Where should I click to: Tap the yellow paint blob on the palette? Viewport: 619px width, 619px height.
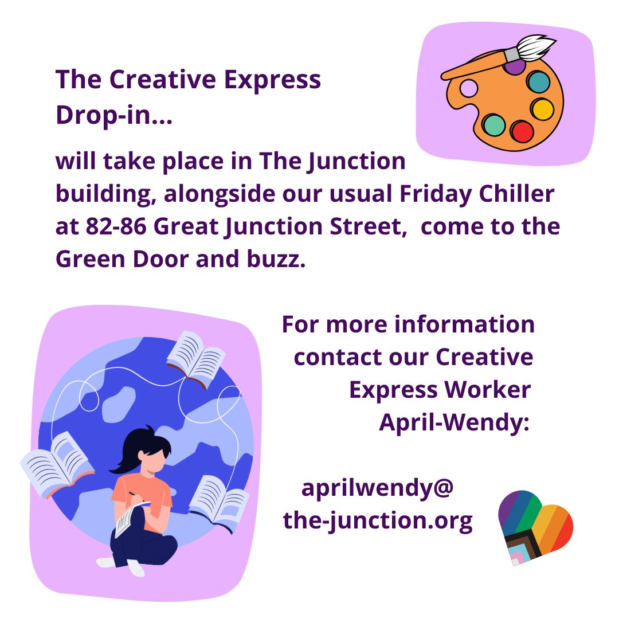pyautogui.click(x=542, y=109)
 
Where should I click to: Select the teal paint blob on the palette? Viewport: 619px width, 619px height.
pyautogui.click(x=538, y=82)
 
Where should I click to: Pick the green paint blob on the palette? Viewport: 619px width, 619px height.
pyautogui.click(x=493, y=125)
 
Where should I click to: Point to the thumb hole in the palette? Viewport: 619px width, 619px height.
pyautogui.click(x=469, y=88)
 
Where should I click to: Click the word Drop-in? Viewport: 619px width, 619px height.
pyautogui.click(x=109, y=115)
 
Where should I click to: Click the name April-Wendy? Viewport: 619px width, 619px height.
pyautogui.click(x=454, y=423)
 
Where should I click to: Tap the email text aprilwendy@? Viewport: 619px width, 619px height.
pyautogui.click(x=377, y=488)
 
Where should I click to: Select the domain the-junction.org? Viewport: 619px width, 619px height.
pyautogui.click(x=378, y=520)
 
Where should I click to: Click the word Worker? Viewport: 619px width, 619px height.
pyautogui.click(x=488, y=390)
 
